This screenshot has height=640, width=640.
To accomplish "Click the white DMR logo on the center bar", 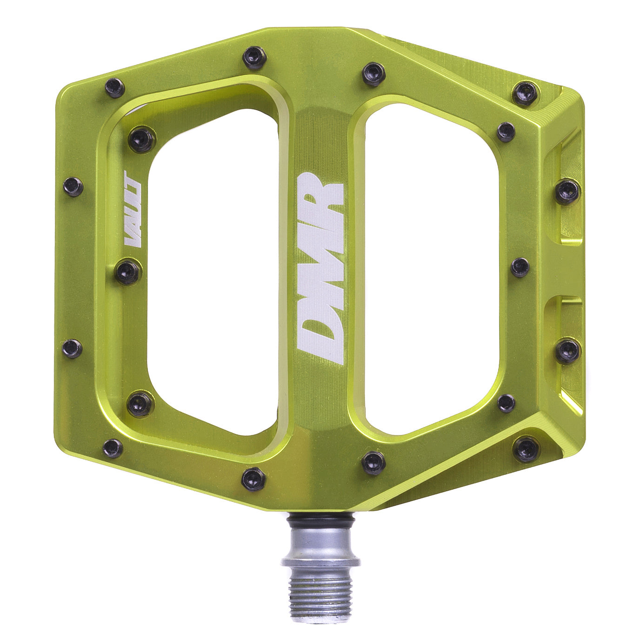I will [x=320, y=268].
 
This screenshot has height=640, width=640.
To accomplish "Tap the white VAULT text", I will [x=133, y=209].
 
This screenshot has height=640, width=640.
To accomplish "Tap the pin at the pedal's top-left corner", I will [x=114, y=87].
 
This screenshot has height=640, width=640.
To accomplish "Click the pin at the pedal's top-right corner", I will [x=525, y=93].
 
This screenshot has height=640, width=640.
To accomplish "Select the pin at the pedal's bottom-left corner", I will [x=113, y=448].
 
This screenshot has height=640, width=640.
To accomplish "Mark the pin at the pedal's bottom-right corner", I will [x=526, y=450].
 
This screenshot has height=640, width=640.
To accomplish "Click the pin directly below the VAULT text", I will [x=128, y=272].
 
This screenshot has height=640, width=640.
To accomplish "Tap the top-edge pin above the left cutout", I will [x=254, y=58].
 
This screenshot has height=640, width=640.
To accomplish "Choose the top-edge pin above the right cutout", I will [x=373, y=73].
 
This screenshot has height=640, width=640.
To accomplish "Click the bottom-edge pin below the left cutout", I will [x=253, y=479].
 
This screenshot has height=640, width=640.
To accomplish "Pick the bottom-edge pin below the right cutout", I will [x=373, y=462].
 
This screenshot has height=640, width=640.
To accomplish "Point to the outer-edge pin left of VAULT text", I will [x=73, y=187].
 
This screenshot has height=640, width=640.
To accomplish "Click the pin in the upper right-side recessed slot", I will [x=567, y=191].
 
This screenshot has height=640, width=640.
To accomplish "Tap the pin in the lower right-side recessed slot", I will [x=567, y=351].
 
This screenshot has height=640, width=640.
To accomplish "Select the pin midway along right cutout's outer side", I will [x=520, y=267].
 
